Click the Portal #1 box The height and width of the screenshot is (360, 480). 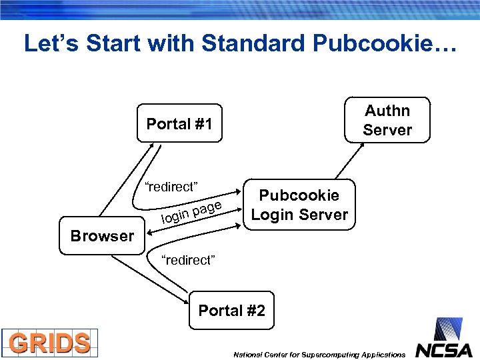click(179, 123)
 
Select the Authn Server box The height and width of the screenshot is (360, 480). click(387, 120)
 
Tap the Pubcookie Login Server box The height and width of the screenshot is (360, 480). click(299, 205)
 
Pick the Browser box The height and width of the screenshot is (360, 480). click(102, 236)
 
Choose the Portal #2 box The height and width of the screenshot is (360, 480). click(231, 311)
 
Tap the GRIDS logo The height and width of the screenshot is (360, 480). click(50, 343)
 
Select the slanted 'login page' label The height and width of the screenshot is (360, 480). click(191, 212)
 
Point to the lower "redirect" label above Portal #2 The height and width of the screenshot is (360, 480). click(189, 260)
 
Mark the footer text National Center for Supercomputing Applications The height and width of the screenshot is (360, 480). click(319, 355)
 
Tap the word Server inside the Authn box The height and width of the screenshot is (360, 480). click(387, 130)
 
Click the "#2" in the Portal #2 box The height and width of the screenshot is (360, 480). click(255, 311)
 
